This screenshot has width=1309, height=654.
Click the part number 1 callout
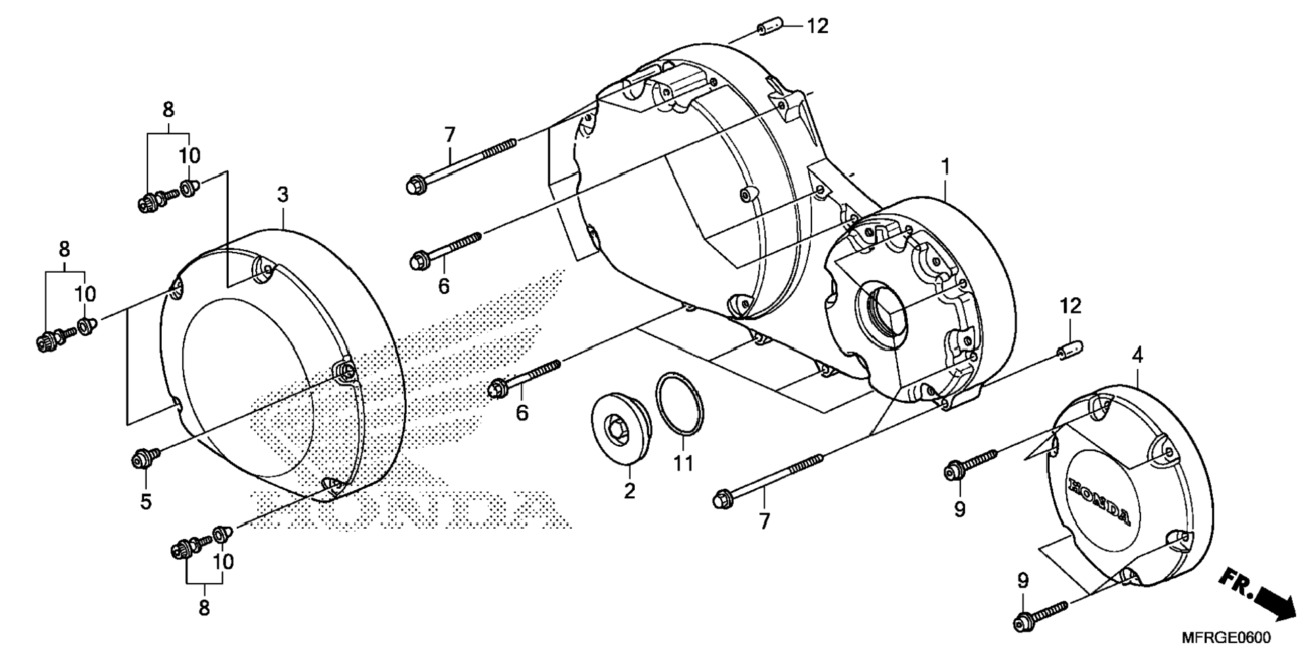click(945, 167)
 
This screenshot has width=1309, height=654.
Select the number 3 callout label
click(282, 195)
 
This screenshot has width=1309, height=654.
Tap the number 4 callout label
click(1137, 355)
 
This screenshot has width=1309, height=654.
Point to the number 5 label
click(146, 502)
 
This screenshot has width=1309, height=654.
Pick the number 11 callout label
click(684, 464)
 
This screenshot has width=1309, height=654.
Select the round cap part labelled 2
click(621, 427)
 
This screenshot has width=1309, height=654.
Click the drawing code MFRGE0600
click(1226, 638)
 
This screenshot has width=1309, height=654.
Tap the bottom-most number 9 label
click(1023, 581)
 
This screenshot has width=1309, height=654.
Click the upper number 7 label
click(450, 135)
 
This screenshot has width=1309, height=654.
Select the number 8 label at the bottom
click(204, 608)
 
